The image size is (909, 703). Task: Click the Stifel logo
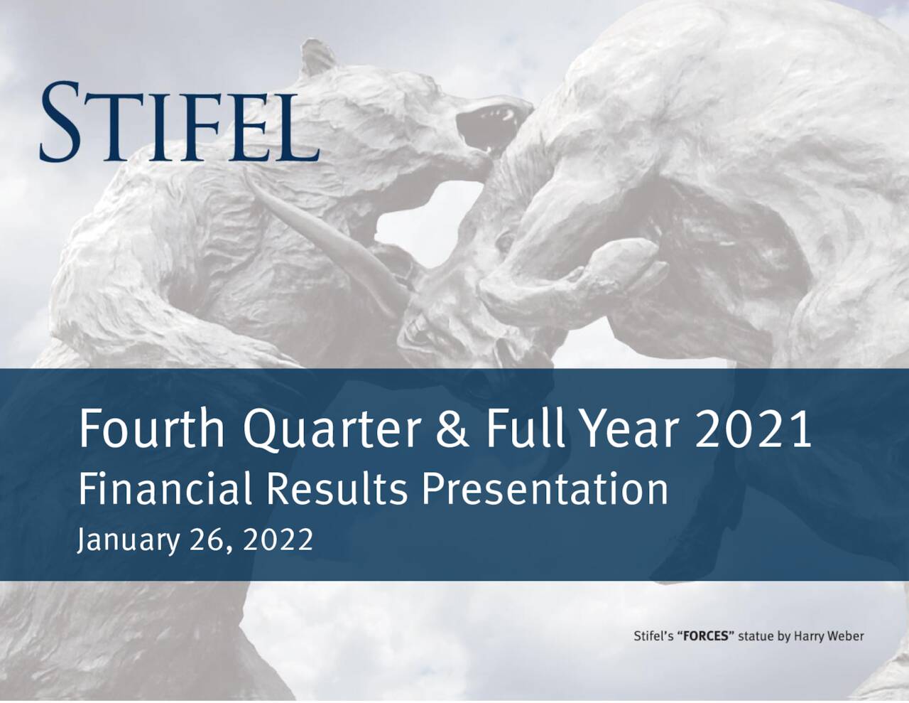point(179,121)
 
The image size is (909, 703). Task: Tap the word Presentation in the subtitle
point(545,490)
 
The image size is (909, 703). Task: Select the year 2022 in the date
point(278,540)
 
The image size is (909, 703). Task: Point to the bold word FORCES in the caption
point(705,636)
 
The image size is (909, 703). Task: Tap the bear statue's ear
point(317,60)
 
